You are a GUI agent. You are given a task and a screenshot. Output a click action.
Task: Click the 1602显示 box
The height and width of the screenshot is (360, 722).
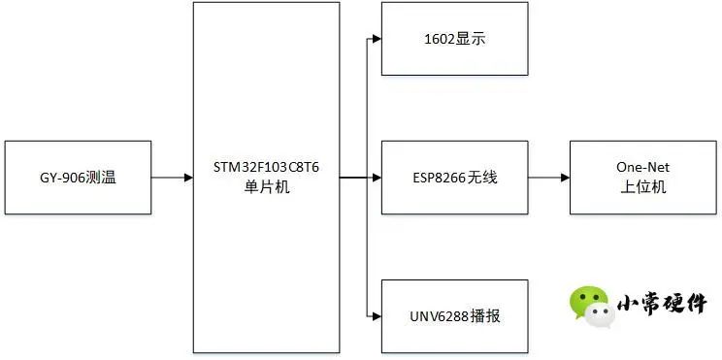tap(454, 39)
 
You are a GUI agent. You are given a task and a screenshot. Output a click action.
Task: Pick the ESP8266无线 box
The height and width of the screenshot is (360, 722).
tap(454, 178)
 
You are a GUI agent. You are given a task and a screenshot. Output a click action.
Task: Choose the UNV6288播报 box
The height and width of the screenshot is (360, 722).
tap(454, 316)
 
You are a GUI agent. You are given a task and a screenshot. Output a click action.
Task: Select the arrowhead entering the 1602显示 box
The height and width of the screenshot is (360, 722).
tap(376, 39)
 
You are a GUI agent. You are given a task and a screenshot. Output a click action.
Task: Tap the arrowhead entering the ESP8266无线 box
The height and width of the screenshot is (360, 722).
tap(376, 178)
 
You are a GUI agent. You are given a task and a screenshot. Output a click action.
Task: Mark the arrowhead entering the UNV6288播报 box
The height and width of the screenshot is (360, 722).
tap(376, 316)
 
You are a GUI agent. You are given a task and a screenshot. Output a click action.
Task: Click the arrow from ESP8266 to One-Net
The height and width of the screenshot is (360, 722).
tap(548, 178)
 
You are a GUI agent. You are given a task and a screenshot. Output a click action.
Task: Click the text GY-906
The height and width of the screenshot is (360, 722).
tap(60, 178)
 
